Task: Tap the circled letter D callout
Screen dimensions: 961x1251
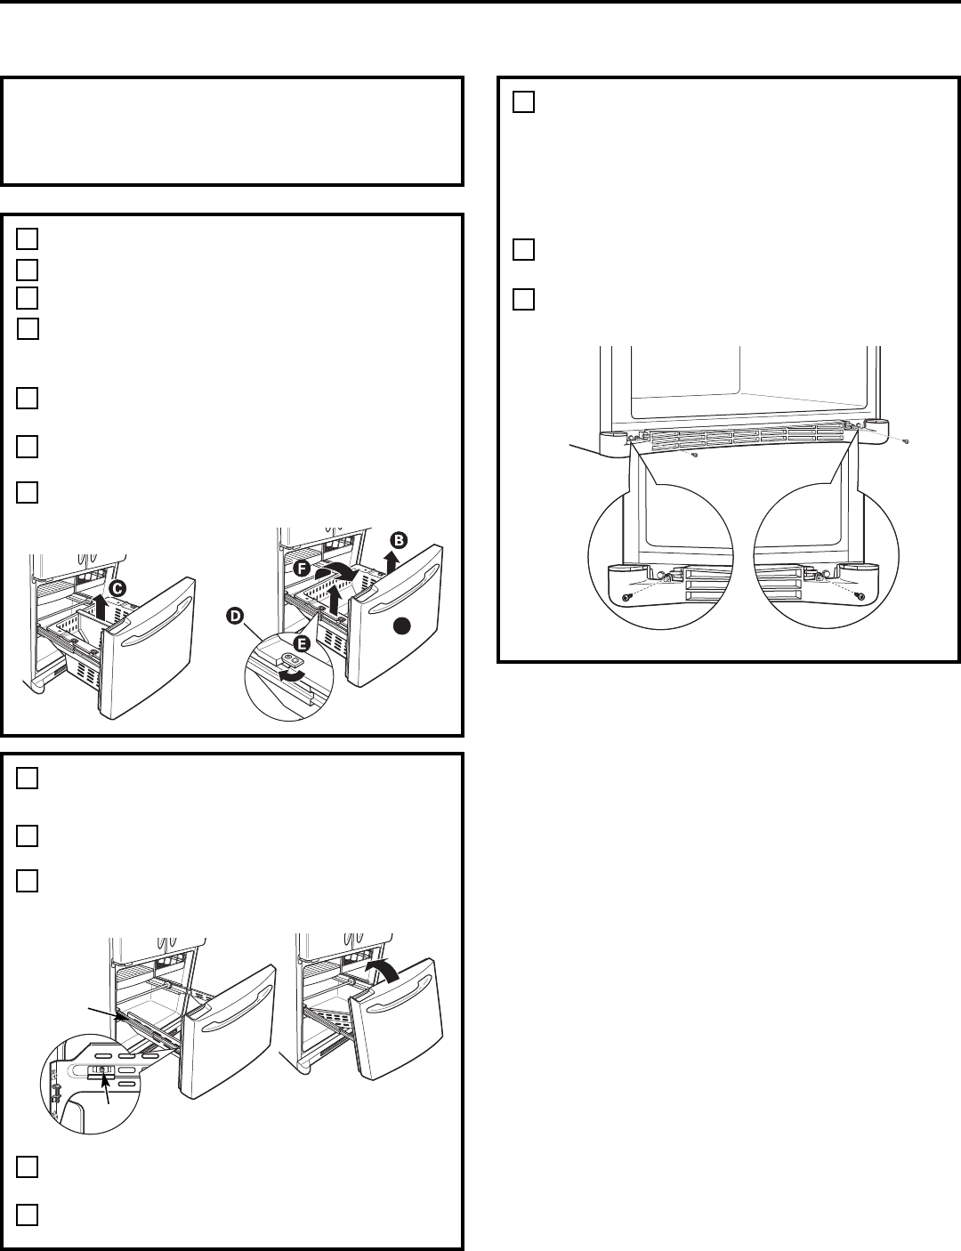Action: tap(235, 617)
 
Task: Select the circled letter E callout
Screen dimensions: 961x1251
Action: tap(302, 643)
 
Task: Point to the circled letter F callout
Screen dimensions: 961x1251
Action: tap(302, 569)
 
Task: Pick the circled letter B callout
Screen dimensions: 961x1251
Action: tap(399, 541)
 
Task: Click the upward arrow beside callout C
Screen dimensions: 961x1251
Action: tap(101, 607)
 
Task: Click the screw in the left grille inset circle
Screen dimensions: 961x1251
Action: tap(625, 599)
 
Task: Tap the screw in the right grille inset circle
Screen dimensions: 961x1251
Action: tap(860, 596)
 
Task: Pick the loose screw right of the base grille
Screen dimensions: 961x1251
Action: tap(907, 441)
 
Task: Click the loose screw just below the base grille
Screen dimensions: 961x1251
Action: tap(695, 456)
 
